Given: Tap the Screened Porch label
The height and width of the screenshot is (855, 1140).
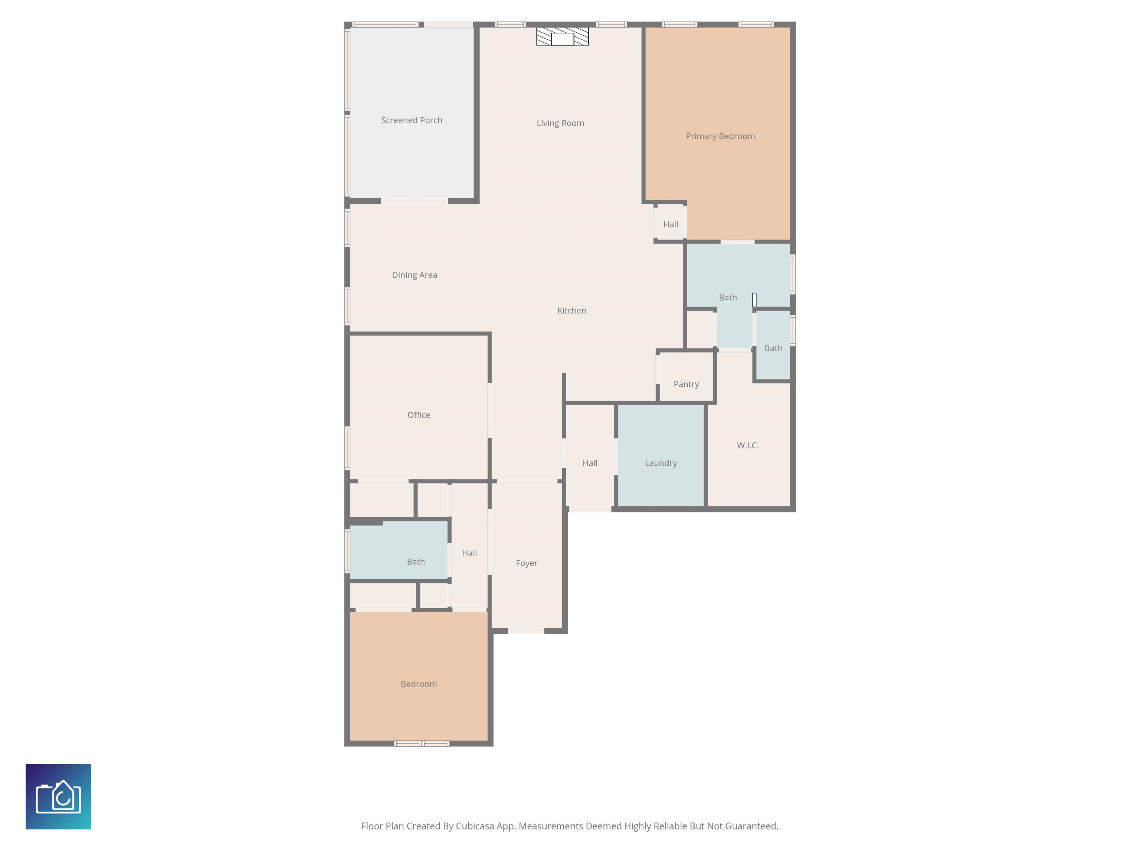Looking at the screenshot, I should [411, 120].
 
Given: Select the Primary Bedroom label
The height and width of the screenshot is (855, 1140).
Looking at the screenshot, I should [720, 136].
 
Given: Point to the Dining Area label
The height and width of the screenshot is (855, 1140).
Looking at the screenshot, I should [415, 275].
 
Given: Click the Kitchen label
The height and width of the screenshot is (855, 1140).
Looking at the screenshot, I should [571, 311].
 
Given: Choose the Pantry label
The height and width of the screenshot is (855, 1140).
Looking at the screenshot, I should [686, 384].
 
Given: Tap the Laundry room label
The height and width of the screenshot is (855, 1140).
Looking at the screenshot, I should [661, 463].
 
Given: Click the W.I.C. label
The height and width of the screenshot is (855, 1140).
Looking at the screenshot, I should [747, 445].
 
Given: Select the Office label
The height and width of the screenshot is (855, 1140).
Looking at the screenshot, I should [419, 415].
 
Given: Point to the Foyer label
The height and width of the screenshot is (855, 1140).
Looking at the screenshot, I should [526, 563].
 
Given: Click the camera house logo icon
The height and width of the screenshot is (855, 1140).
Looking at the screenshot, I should [58, 796].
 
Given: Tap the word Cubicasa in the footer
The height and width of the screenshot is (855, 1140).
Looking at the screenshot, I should [475, 826].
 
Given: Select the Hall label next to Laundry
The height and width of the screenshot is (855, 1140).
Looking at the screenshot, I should [590, 463].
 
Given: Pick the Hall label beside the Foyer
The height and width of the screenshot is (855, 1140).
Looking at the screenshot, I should [469, 553].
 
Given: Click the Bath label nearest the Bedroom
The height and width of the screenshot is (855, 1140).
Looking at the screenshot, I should [415, 562].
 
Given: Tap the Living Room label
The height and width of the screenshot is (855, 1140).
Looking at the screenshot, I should [560, 123].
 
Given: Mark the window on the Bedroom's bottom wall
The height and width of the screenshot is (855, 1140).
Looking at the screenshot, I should [422, 744].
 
